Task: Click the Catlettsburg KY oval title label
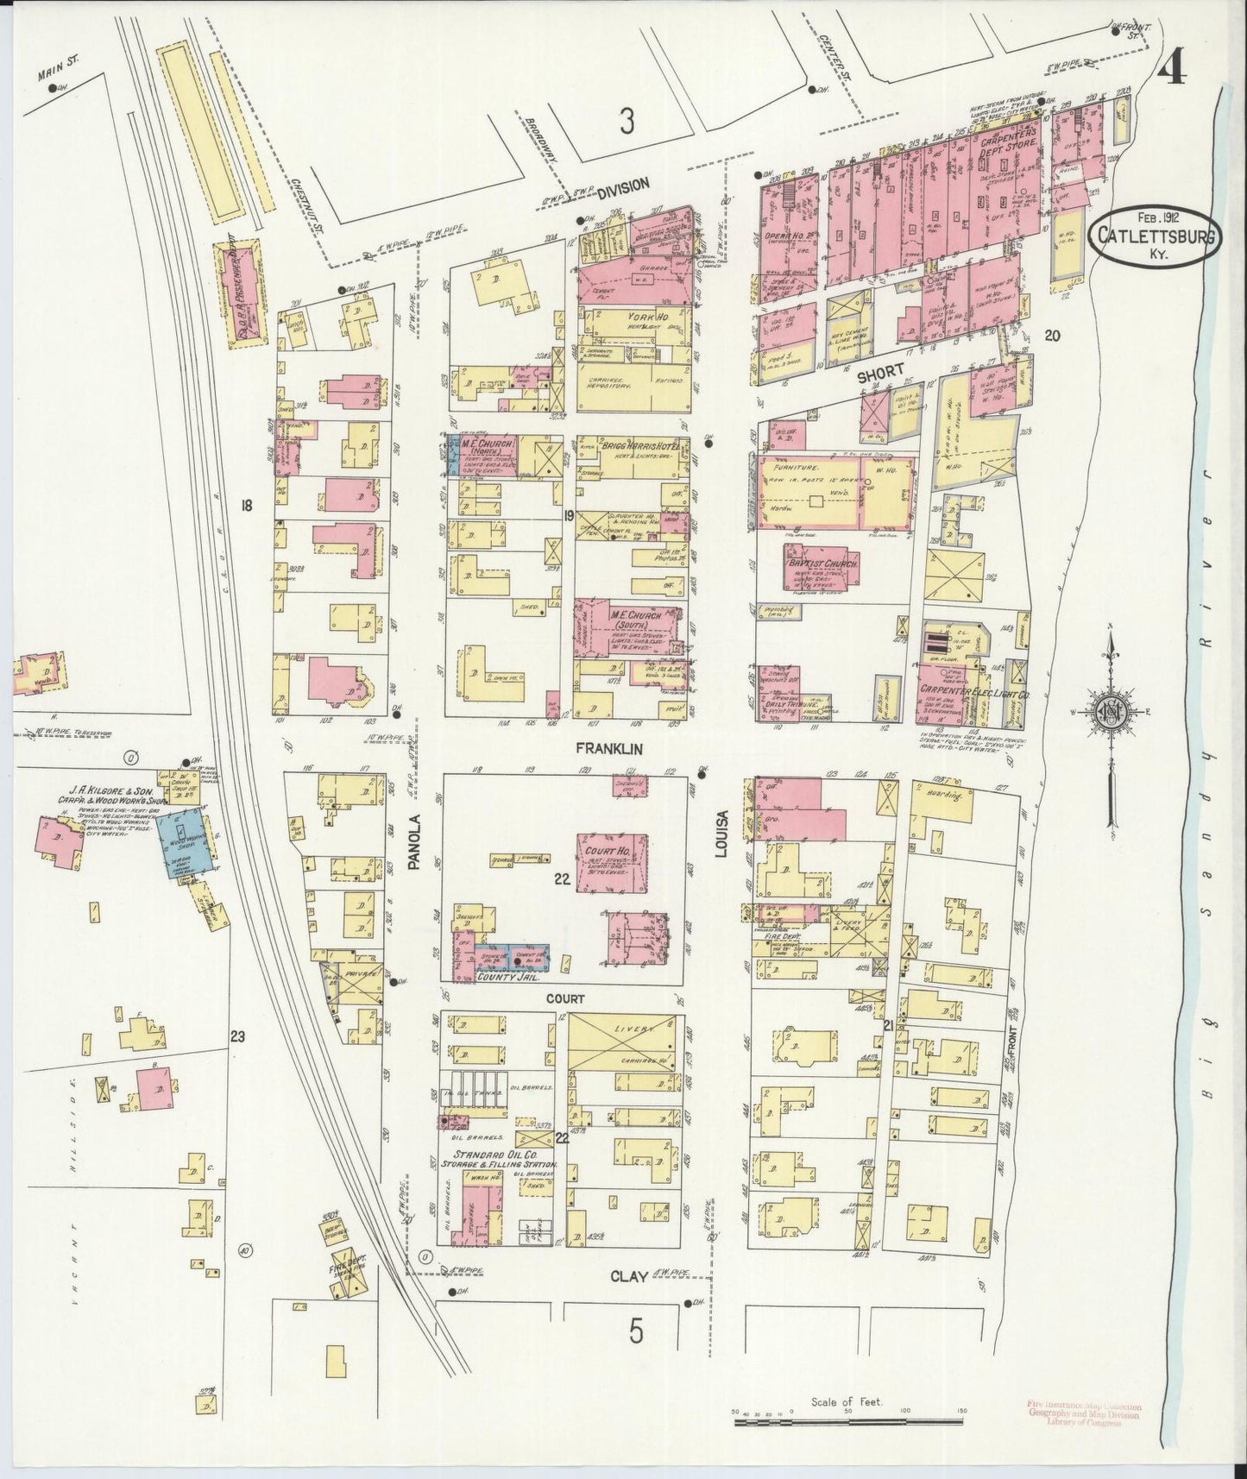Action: (1154, 231)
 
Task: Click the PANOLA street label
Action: (413, 840)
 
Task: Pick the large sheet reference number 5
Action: (636, 1333)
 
